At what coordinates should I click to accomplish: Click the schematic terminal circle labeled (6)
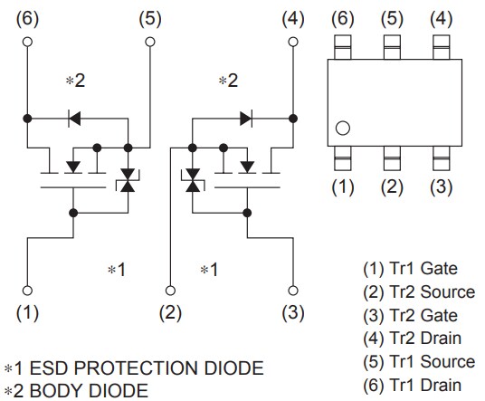click(x=28, y=41)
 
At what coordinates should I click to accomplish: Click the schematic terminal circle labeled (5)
click(x=150, y=41)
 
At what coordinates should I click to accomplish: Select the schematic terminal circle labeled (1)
click(x=28, y=291)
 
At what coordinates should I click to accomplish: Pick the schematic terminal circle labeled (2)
click(x=170, y=291)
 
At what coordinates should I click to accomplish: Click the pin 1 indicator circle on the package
click(x=342, y=129)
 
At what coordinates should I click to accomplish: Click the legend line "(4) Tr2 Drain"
click(x=412, y=339)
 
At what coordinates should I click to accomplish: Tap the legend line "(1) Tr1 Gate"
click(x=410, y=268)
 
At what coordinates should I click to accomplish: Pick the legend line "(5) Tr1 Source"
click(x=417, y=362)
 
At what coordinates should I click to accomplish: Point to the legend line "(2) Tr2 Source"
click(x=417, y=291)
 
